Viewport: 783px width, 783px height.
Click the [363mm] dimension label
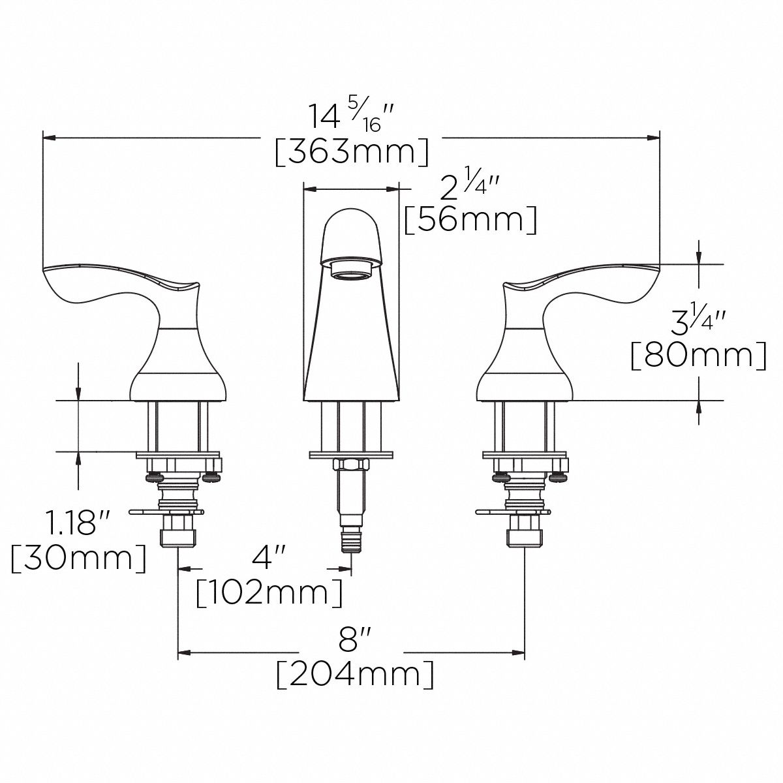pyautogui.click(x=352, y=152)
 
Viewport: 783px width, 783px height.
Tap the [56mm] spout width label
pyautogui.click(x=470, y=220)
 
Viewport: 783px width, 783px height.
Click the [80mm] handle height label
pyautogui.click(x=698, y=356)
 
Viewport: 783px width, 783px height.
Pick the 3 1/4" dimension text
pyautogui.click(x=698, y=323)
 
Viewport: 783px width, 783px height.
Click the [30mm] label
pyautogui.click(x=78, y=559)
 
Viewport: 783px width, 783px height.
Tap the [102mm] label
pyautogui.click(x=269, y=592)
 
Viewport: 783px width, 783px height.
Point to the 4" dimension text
pyautogui.click(x=270, y=558)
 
